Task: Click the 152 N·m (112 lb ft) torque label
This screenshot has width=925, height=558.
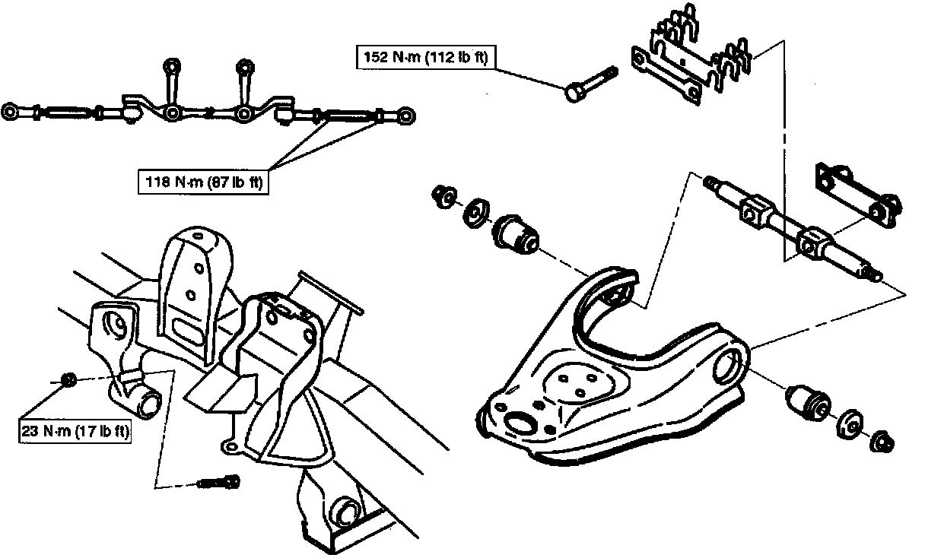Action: click(422, 57)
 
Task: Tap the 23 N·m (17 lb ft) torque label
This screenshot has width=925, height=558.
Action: click(74, 432)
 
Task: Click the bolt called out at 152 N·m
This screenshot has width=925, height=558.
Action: click(590, 84)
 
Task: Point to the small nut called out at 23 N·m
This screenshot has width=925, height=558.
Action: click(66, 378)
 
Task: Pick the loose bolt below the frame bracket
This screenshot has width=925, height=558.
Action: click(219, 482)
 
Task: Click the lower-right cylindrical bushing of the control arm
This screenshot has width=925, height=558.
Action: click(808, 401)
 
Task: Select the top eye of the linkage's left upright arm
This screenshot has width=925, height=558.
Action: click(172, 65)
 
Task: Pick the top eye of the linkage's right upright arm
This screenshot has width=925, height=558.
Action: click(243, 65)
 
